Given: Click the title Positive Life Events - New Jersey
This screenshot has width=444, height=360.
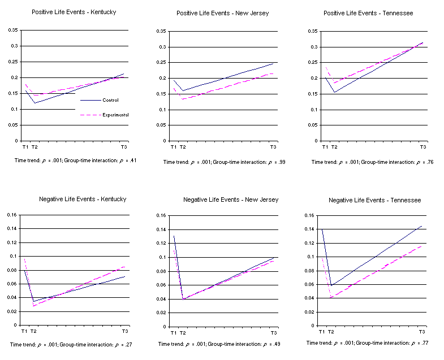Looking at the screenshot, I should pos(223,13).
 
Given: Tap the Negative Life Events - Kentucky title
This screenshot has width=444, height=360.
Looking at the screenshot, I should pos(83,199).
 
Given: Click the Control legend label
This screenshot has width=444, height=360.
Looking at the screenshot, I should pos(110,100).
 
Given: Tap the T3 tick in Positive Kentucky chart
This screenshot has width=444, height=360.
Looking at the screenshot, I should pos(124,147).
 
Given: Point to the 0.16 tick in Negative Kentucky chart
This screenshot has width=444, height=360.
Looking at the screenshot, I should pos(11,215).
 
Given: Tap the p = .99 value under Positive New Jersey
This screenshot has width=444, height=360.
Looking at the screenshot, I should pos(274,162).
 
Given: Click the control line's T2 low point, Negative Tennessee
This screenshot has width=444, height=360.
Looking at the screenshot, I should pos(331,285).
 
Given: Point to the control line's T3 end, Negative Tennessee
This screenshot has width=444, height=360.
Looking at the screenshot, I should pos(421,226).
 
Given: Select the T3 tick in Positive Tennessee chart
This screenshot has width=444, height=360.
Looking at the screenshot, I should pos(422,147).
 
